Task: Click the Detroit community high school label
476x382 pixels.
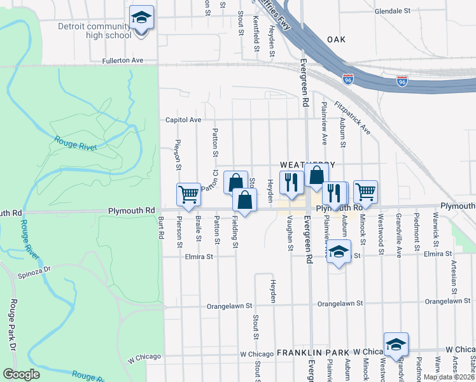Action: point(94,31)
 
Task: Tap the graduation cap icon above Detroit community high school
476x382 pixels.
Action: point(141,18)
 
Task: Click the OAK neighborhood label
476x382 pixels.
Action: point(336,39)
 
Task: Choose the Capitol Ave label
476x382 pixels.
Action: point(183,120)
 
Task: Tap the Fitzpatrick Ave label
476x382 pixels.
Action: point(351,118)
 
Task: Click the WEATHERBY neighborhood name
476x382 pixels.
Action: point(310,165)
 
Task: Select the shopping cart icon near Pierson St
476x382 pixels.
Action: point(189,194)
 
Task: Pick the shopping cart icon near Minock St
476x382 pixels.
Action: point(365,191)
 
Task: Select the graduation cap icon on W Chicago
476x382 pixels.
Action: point(396,344)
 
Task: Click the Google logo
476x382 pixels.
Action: point(21,374)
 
